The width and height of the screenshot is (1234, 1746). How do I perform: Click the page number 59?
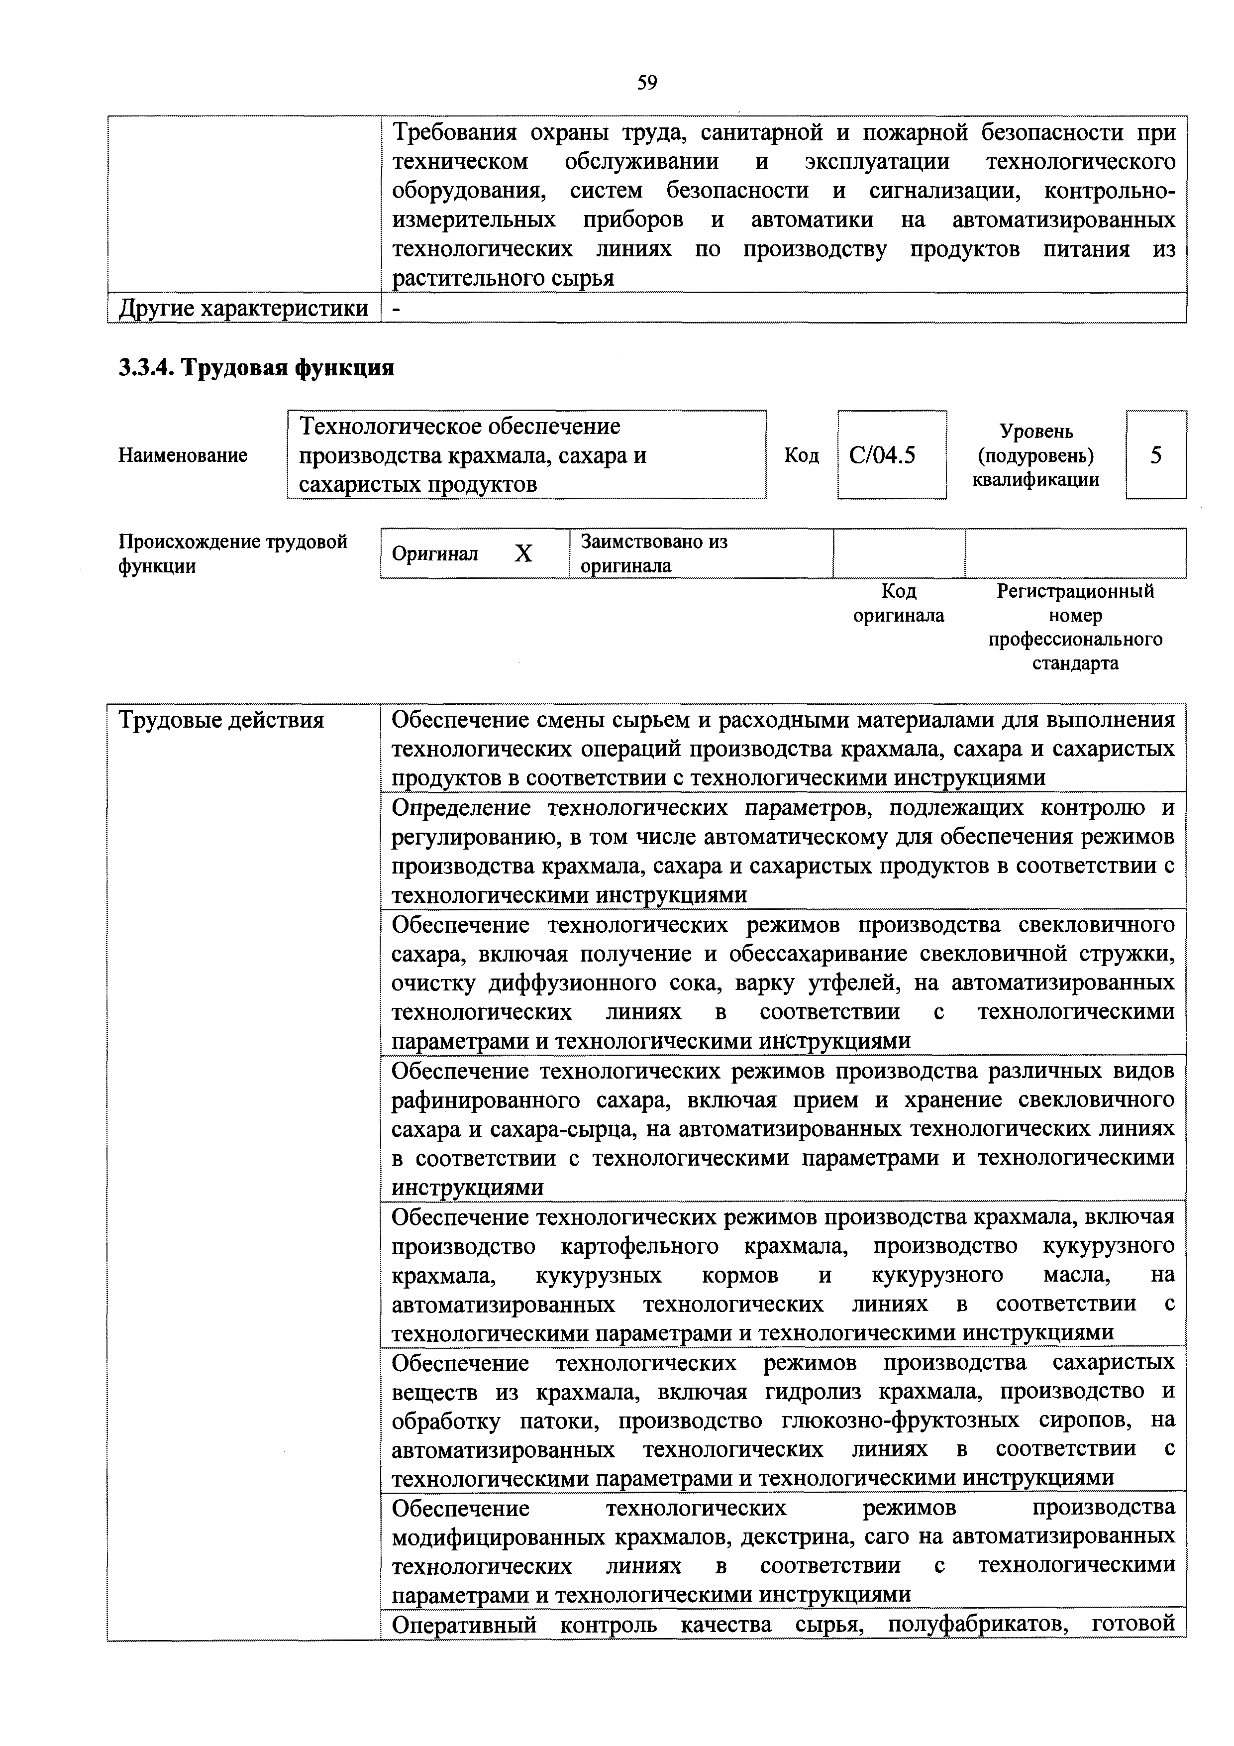click(x=647, y=82)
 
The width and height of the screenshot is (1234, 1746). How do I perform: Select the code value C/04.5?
click(x=882, y=455)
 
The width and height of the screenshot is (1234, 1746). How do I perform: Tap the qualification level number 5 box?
click(x=1156, y=455)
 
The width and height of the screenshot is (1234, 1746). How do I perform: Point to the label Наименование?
click(x=183, y=455)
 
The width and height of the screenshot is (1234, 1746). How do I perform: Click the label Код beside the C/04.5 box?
click(x=802, y=455)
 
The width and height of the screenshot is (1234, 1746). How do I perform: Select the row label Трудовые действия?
click(x=221, y=719)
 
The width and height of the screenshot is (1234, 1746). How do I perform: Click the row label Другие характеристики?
click(x=243, y=309)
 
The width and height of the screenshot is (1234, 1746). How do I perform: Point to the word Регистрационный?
click(x=1075, y=591)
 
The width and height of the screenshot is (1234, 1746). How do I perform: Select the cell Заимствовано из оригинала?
click(x=654, y=553)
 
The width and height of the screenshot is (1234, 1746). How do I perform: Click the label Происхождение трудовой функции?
click(x=233, y=553)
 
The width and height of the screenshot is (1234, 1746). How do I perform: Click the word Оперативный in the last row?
click(x=464, y=1625)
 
